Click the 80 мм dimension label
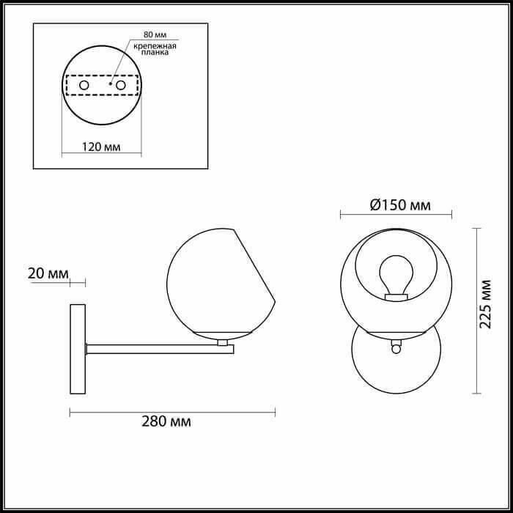pos(155,34)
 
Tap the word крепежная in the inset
pos(155,45)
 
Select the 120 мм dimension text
pos(101,147)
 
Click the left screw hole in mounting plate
pos(84,85)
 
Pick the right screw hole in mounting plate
pos(121,85)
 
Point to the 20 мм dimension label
pos(48,273)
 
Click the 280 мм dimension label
pos(166,421)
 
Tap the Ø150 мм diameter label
pos(400,205)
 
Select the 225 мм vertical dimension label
pos(485,304)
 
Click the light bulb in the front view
pos(396,274)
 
